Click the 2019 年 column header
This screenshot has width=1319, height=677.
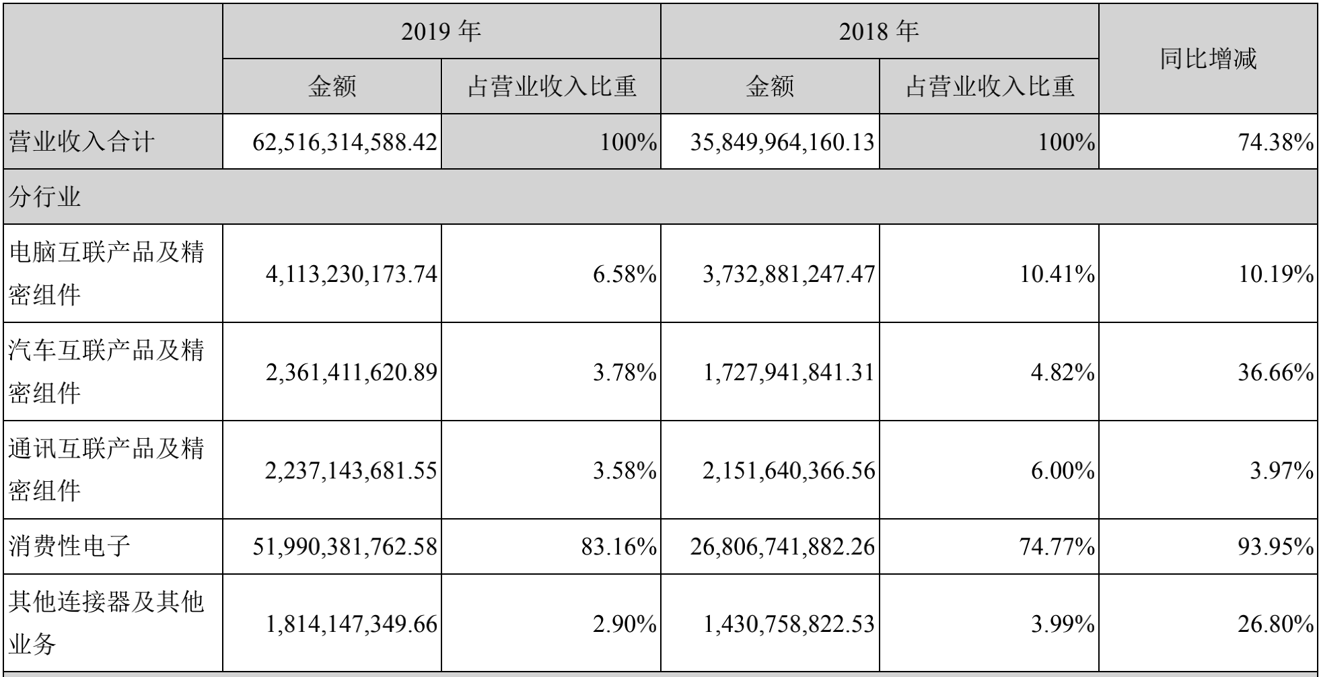[x=441, y=32]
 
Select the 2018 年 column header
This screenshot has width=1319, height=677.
[x=879, y=32]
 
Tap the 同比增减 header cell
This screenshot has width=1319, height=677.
[x=1208, y=59]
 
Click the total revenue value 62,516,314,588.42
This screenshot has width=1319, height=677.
[x=345, y=142]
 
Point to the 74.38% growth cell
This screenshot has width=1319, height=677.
[x=1276, y=142]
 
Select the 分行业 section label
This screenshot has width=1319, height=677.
[x=45, y=197]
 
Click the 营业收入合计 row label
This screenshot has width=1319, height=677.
[x=82, y=142]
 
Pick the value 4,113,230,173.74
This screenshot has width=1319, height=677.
[x=351, y=274]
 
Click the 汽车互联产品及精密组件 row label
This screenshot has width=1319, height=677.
[x=106, y=371]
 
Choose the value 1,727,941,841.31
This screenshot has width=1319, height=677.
[x=789, y=372]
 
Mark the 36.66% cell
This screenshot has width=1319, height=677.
[x=1276, y=372]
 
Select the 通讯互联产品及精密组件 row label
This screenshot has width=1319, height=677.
[x=106, y=470]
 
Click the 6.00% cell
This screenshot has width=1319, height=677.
[x=1063, y=470]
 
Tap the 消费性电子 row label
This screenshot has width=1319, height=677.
[x=69, y=546]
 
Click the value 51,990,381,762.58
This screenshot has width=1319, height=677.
[x=345, y=546]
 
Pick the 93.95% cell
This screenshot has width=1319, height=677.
[x=1276, y=546]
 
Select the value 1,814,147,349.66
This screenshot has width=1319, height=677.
[x=351, y=625]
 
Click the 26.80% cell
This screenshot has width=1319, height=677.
[x=1276, y=625]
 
